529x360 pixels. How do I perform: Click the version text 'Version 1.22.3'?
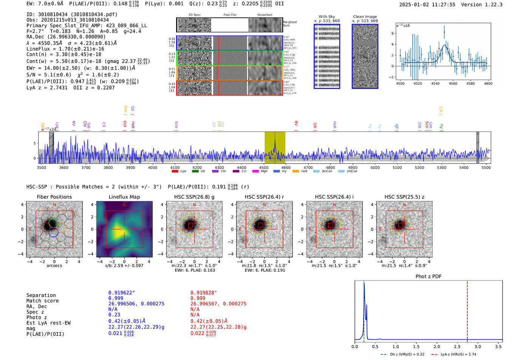(482, 5)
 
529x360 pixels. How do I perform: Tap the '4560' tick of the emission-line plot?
(453, 83)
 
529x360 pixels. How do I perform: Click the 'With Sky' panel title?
(326, 17)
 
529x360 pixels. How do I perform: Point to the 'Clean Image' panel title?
(365, 17)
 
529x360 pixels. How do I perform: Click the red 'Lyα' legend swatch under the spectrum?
(175, 171)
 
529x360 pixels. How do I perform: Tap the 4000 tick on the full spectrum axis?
(153, 167)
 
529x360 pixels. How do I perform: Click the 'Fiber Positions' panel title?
(54, 197)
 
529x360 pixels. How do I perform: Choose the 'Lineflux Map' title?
(124, 197)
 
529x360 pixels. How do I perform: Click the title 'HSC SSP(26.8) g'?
(194, 197)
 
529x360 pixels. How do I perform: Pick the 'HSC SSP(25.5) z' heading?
(404, 197)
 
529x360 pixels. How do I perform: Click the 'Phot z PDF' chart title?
(428, 276)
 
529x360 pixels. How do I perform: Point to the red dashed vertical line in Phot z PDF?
(467, 310)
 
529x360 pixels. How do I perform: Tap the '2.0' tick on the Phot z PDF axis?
(436, 346)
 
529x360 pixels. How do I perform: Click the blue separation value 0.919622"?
(121, 293)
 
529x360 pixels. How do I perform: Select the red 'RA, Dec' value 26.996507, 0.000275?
(218, 304)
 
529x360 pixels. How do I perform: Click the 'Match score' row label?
(42, 301)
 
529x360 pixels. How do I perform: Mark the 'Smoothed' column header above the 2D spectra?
(264, 15)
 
